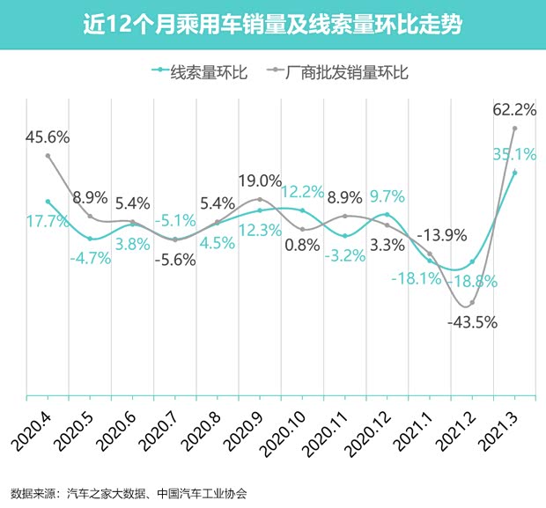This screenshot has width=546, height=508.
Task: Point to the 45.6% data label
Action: coord(48,137)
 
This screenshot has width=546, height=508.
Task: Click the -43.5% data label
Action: coord(472,322)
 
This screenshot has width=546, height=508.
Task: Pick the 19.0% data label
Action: coord(260,181)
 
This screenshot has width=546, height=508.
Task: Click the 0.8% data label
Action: coord(302,245)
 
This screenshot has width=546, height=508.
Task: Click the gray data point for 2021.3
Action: coord(514,129)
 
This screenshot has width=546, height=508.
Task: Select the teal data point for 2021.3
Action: coord(514,173)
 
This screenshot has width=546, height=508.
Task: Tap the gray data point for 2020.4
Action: coord(48,156)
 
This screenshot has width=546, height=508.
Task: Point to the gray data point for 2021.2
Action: coord(472,304)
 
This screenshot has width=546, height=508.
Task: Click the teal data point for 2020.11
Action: coord(345,236)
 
